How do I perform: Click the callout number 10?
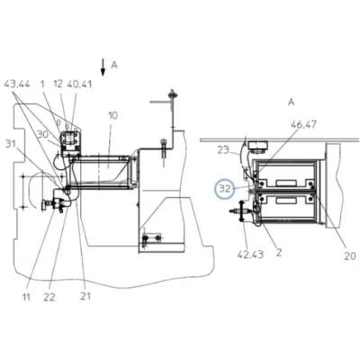coord(112,115)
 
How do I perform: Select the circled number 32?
coord(225,189)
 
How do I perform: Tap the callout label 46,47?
coord(302,124)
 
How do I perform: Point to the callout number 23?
coord(223,149)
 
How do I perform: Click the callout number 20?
coord(349,256)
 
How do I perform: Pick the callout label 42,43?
coord(250,255)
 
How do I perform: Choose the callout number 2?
coord(279,253)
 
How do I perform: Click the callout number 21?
coord(85,296)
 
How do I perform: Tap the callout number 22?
coord(49,297)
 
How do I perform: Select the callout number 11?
coord(26,297)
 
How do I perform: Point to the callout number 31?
coord(11,144)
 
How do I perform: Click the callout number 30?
coord(42,134)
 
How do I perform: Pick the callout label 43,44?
coord(17,85)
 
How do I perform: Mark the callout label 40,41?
coord(79,85)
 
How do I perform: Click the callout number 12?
coord(58,84)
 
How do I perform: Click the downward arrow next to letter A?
coord(103,67)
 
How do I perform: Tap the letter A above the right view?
coord(292,103)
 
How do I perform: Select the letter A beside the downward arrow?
coord(114,65)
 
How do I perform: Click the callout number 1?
coord(42,84)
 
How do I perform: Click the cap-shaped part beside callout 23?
coord(257,148)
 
